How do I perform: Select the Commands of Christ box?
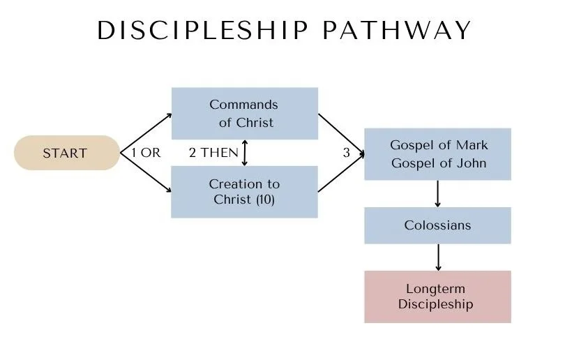click(244, 114)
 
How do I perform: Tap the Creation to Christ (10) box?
click(244, 192)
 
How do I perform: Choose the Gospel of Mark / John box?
click(437, 154)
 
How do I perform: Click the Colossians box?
click(437, 225)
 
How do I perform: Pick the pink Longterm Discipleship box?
click(437, 297)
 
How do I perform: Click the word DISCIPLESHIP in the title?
click(203, 31)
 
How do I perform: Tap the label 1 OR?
click(145, 153)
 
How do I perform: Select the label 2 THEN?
click(213, 153)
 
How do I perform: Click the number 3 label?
click(347, 153)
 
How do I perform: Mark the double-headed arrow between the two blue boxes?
click(244, 153)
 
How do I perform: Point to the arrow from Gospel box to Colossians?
click(437, 193)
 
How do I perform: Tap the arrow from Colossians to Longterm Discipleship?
click(437, 257)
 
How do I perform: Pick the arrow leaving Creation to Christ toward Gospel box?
click(340, 172)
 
